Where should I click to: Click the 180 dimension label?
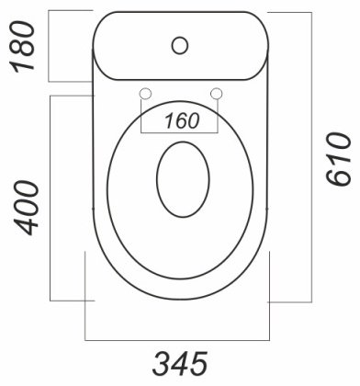pos(22,47)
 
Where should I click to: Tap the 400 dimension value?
pos(27,208)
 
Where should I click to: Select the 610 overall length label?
pos(338,159)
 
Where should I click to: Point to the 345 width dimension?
pos(180,364)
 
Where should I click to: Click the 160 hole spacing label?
pos(182,120)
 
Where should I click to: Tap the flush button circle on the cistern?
pos(180,45)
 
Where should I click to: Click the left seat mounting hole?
pos(145,94)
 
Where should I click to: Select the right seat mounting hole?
pos(217,94)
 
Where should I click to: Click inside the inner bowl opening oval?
pos(183,179)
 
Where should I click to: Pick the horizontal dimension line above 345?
pos(177,340)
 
